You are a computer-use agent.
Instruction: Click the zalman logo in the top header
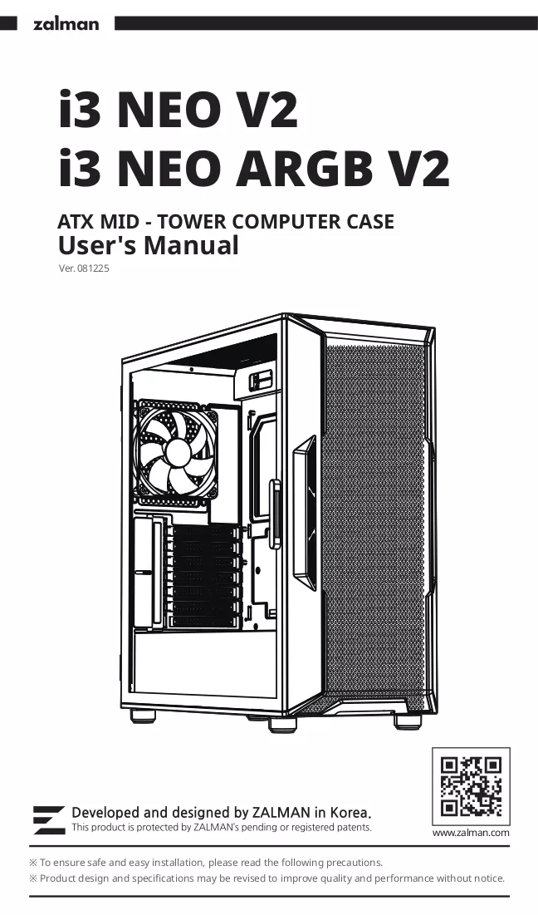[66, 24]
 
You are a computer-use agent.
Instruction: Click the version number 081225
[93, 269]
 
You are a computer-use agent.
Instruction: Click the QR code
[471, 786]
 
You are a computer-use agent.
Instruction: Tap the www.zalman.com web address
[471, 833]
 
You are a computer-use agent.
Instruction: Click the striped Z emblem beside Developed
[49, 820]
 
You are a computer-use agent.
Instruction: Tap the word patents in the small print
[355, 828]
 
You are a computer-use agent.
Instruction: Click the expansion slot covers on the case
[205, 575]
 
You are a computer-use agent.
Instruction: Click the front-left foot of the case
[283, 724]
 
